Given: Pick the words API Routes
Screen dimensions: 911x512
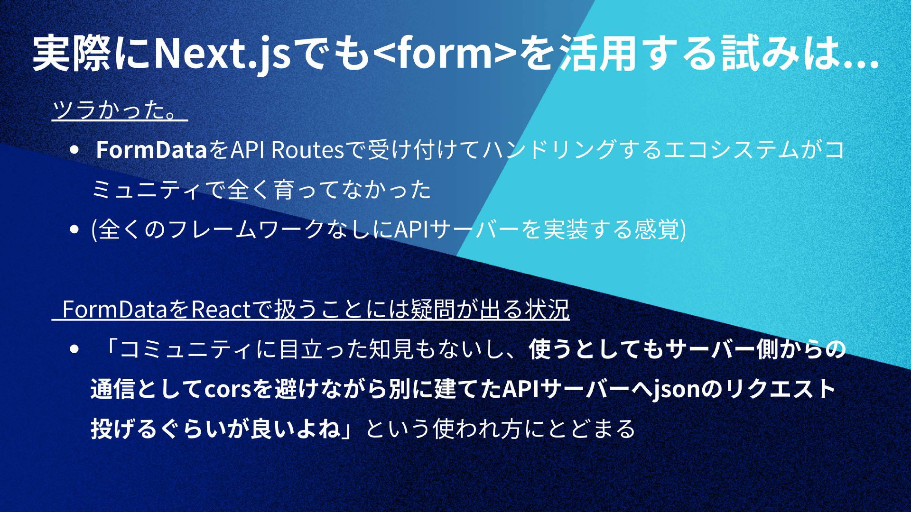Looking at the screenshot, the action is pyautogui.click(x=287, y=150).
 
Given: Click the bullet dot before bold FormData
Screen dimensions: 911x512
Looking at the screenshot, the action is pyautogui.click(x=74, y=150).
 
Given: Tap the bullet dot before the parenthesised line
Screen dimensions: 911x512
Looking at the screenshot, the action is pyautogui.click(x=74, y=229).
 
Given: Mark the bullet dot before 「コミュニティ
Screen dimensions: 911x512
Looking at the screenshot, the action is pyautogui.click(x=74, y=349).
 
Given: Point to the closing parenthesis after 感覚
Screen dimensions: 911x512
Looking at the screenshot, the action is pyautogui.click(x=683, y=230).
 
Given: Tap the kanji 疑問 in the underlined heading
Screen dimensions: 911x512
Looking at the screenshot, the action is pyautogui.click(x=433, y=310).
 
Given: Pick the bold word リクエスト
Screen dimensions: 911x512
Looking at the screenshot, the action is pyautogui.click(x=778, y=389).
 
